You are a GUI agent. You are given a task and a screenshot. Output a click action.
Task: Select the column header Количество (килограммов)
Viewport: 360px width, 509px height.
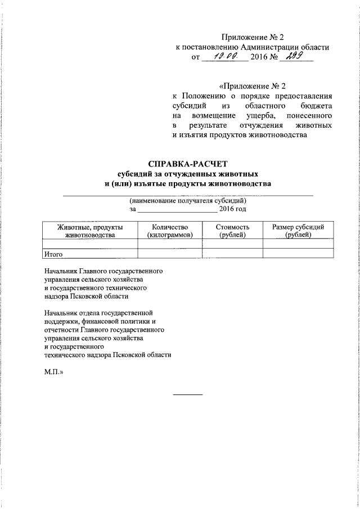click(169, 231)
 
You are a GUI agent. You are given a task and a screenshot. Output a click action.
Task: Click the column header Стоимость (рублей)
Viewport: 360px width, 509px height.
click(232, 231)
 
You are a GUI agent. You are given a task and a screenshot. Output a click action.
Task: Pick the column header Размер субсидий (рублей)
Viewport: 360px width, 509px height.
click(298, 231)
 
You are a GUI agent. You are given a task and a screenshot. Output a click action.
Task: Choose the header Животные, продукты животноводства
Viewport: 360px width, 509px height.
click(90, 231)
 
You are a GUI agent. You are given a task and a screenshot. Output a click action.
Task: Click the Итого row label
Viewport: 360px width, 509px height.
click(55, 254)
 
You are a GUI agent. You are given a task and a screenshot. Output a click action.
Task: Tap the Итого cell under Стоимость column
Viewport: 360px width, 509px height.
click(232, 254)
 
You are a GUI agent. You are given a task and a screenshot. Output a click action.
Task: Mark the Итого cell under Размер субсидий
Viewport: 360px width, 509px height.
click(298, 254)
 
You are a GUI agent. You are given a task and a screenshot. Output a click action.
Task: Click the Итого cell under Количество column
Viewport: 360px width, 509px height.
click(169, 254)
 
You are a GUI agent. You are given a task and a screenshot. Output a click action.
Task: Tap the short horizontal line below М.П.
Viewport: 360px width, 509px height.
click(187, 394)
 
